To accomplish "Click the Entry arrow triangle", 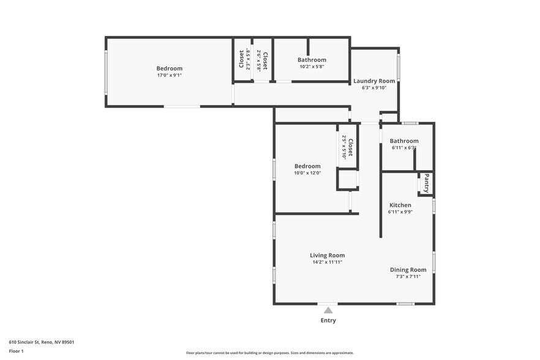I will click(x=328, y=310).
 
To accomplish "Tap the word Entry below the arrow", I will click(x=328, y=320).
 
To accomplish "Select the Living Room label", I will click(x=327, y=255).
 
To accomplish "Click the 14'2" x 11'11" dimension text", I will click(x=327, y=262).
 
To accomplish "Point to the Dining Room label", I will click(x=408, y=269).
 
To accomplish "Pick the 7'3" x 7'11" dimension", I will click(x=408, y=276).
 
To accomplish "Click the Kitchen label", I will click(x=400, y=205).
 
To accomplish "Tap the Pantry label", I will click(x=427, y=184).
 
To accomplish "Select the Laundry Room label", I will click(x=374, y=81).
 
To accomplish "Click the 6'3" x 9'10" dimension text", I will click(x=374, y=88).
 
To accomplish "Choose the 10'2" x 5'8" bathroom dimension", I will click(x=312, y=66).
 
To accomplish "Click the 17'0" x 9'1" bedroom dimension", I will click(x=169, y=75).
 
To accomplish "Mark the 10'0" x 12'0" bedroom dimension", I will click(x=307, y=173).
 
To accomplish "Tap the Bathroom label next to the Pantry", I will click(x=404, y=141).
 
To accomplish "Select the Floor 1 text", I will click(x=16, y=351).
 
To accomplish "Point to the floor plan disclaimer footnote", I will click(x=269, y=353).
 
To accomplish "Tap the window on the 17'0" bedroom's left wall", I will click(x=106, y=72).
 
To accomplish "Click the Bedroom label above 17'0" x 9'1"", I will click(x=169, y=68).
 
